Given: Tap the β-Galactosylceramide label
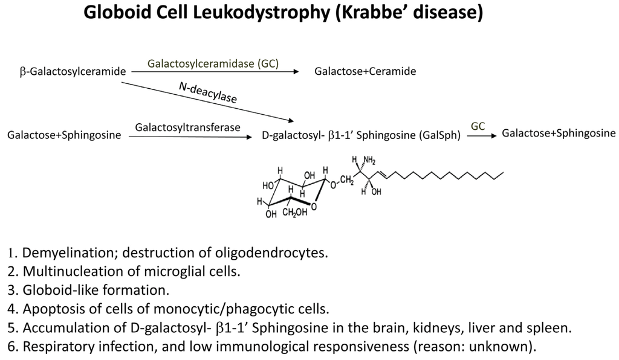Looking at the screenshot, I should click(x=73, y=72).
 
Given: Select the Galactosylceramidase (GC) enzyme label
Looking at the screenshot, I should click(x=213, y=63).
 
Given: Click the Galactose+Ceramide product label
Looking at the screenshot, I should click(x=365, y=71).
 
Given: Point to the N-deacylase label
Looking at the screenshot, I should click(x=208, y=92).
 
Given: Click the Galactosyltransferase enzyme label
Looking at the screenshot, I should click(x=188, y=127).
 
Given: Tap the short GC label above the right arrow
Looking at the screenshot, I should click(x=478, y=126).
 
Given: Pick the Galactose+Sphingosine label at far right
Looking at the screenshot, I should click(x=559, y=133).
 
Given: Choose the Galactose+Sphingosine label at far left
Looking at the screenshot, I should click(x=64, y=135).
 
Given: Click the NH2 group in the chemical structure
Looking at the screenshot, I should click(x=369, y=160).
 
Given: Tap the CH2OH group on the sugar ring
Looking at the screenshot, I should click(x=295, y=212).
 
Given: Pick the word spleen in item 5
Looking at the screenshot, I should click(x=551, y=328).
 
